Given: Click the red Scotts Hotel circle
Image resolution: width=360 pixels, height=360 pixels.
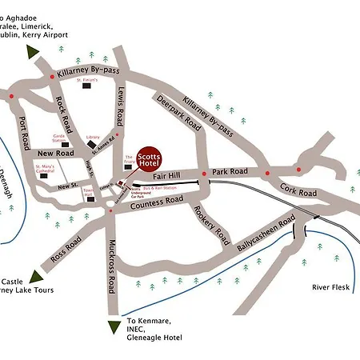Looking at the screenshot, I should (x=148, y=159).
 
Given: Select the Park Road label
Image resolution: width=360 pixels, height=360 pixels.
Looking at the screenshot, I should (x=230, y=171).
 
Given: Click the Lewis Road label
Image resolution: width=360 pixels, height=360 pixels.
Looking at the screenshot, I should (x=121, y=106).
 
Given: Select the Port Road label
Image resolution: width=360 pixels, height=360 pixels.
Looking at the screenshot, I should (x=24, y=131).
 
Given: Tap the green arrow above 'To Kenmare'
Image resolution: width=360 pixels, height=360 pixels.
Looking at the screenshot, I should (x=112, y=326).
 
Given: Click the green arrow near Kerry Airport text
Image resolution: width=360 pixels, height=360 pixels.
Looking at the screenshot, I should (x=33, y=52).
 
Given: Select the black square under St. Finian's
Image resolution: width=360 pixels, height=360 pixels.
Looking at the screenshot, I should (x=90, y=88).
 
